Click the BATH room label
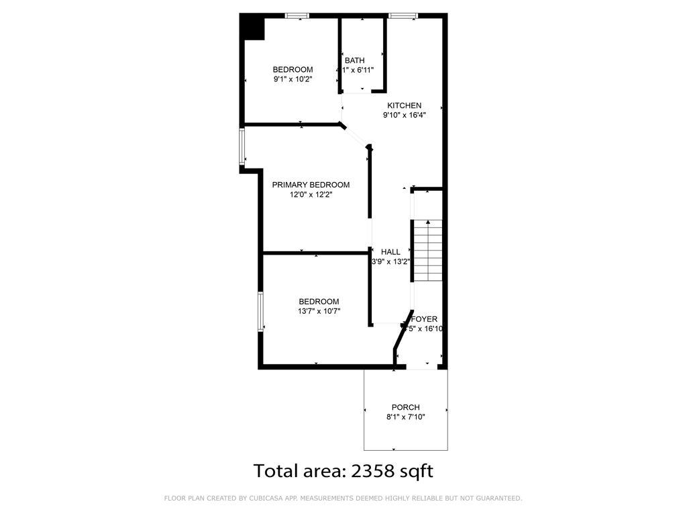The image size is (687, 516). point(355,60)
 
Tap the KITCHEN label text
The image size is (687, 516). point(404,105)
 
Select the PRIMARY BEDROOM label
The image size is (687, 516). point(311,185)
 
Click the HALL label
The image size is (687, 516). point(390,252)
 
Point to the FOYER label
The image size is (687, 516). point(424,319)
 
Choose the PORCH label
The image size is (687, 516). point(405,407)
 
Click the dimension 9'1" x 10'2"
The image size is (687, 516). point(293,79)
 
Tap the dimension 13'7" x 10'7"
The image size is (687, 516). point(319,311)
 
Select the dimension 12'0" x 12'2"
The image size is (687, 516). point(311,195)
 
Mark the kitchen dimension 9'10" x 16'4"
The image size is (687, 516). point(404,115)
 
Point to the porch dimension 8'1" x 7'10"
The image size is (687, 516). point(405,417)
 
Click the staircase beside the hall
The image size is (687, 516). point(427,251)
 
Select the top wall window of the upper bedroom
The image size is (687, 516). point(297,15)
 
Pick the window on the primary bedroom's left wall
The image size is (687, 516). point(242,146)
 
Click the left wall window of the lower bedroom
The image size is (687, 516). point(260,311)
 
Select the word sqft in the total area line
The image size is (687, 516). point(417,471)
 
